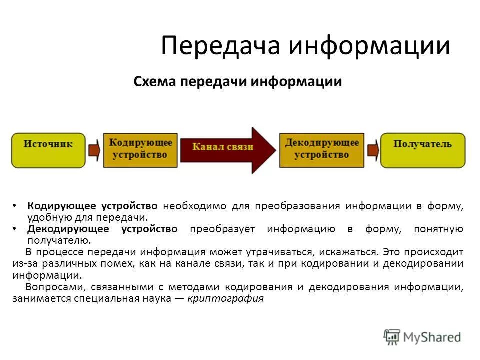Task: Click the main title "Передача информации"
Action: click(305, 46)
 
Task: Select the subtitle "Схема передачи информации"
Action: click(238, 82)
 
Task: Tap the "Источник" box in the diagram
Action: click(48, 150)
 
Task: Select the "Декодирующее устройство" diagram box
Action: click(321, 149)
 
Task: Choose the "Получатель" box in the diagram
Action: click(422, 150)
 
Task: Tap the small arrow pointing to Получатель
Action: click(372, 150)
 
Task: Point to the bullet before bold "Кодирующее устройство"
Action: click(16, 206)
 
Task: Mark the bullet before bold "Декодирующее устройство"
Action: click(16, 229)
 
